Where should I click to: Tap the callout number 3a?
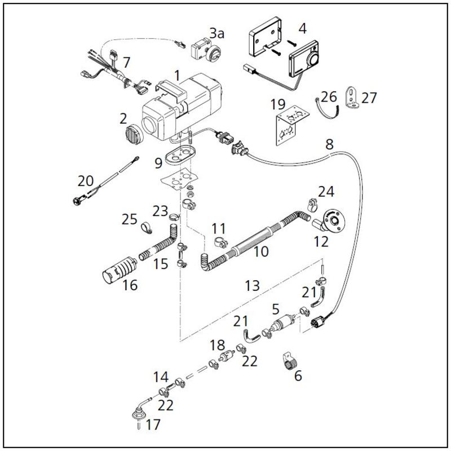[216, 33]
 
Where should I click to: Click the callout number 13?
[252, 286]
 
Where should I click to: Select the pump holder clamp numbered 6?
[290, 361]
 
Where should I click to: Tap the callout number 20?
[86, 181]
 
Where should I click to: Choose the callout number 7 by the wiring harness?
[126, 62]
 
